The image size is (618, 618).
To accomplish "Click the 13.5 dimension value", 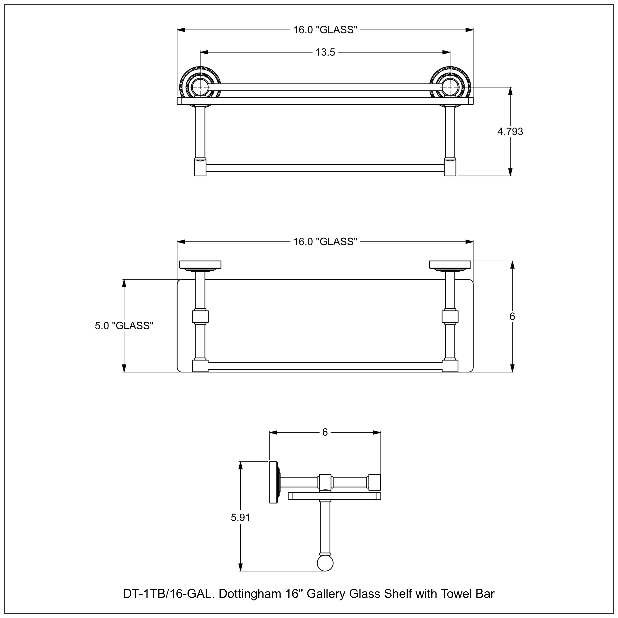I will [x=325, y=52].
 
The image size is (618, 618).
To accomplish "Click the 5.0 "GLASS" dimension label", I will [x=124, y=326].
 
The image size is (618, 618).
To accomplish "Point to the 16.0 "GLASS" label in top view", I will [x=325, y=30].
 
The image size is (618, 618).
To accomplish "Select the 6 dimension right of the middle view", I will [x=512, y=316].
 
